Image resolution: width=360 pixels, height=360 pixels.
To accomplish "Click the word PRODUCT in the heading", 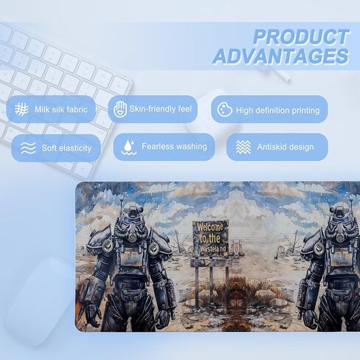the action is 301,37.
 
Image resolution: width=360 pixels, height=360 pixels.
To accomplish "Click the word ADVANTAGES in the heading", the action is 280,56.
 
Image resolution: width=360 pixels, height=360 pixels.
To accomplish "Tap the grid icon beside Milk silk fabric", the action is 21,109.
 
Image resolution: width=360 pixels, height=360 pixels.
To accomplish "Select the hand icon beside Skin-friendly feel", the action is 120,108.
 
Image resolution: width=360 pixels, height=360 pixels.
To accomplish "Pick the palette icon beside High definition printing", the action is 224,109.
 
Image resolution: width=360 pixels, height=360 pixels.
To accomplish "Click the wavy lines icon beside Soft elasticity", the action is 28,148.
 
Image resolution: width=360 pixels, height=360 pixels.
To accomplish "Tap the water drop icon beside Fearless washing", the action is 129,148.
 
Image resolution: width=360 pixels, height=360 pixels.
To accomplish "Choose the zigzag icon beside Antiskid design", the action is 243,147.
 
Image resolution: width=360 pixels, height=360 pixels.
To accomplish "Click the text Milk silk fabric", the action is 61,109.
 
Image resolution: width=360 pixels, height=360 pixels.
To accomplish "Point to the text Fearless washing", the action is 174,147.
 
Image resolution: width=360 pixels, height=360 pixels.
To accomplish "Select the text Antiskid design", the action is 285,147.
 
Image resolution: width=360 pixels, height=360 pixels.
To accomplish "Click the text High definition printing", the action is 278,111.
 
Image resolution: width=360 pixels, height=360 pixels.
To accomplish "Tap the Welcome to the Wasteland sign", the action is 210,238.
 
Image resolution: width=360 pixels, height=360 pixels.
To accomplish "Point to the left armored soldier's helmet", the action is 133,222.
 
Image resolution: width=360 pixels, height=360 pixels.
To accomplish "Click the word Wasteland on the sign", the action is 213,249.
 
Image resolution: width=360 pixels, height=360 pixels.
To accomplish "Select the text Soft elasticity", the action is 66,148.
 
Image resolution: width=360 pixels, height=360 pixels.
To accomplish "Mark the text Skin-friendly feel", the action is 160,109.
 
